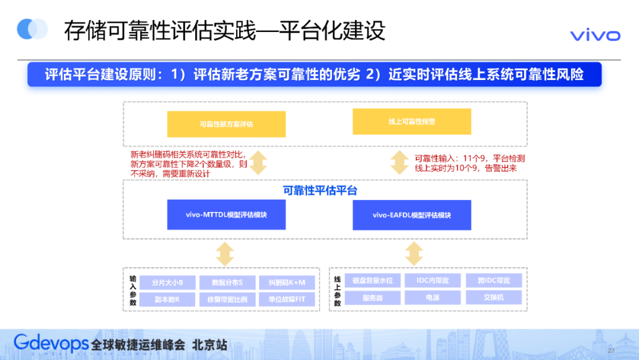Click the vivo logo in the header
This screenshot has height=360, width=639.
coord(595,36)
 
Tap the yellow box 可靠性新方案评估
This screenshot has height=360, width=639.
coord(226,124)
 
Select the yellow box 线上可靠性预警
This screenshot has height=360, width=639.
coord(412,121)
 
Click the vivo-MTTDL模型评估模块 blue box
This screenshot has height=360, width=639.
coord(226,215)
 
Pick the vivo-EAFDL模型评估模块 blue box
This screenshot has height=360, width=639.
coord(412,215)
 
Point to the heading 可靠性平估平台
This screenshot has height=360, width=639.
coord(319,191)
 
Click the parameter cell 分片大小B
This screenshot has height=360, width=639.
coord(167,282)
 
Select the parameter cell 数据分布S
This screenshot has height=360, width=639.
coord(227,282)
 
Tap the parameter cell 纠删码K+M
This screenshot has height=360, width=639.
coord(287,282)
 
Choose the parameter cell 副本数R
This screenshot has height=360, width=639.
coord(167,299)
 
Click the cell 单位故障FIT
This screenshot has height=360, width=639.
coord(287,299)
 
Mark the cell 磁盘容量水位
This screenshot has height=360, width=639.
coord(372,280)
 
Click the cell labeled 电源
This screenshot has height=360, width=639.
coord(433,297)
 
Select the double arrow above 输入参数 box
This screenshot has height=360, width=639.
coord(225,253)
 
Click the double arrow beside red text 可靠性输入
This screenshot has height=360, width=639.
coord(399,162)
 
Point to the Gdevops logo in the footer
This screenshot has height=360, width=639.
coord(51,343)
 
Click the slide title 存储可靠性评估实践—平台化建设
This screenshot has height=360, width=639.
coord(225,31)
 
